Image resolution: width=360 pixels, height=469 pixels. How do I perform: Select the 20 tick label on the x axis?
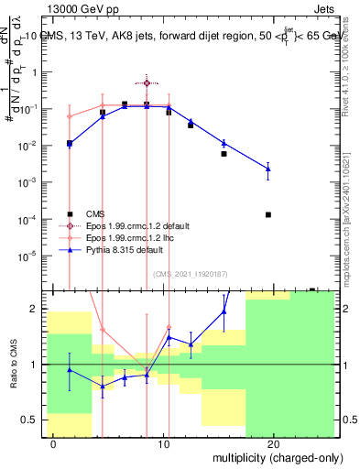click(273, 443)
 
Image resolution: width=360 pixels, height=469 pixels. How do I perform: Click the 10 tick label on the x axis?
click(163, 443)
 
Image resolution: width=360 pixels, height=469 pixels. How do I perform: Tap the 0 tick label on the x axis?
click(54, 443)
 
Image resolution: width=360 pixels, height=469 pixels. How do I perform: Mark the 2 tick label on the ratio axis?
click(35, 309)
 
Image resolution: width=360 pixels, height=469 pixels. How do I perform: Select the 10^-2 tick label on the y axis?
click(29, 146)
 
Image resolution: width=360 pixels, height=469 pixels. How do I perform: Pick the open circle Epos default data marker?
click(147, 83)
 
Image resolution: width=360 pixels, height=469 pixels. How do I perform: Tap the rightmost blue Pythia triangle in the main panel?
click(267, 169)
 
